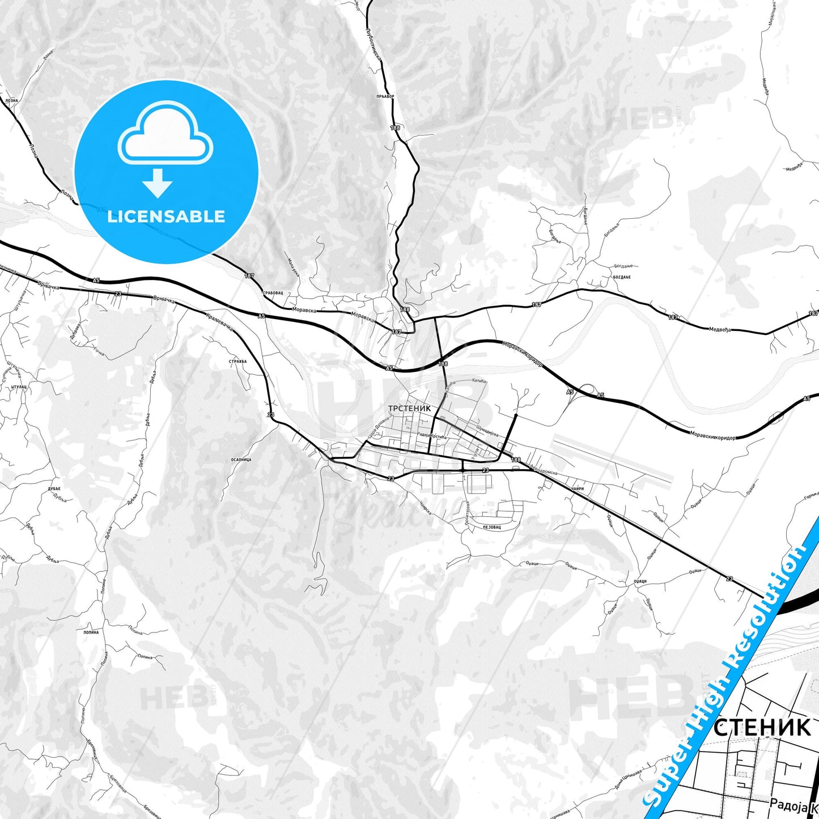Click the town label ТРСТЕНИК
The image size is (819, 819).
409,408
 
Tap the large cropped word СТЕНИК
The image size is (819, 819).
762,727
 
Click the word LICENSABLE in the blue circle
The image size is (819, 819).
166,216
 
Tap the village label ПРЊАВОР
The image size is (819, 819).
385,96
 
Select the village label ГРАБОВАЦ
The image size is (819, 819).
273,293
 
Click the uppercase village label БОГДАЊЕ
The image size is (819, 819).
622,277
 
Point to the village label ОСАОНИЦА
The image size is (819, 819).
241,460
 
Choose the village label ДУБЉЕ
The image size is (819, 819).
54,489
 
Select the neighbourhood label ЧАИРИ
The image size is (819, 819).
578,489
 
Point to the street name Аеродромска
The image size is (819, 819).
545,472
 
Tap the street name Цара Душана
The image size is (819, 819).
379,424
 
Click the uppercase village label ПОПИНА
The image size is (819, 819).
91,632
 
